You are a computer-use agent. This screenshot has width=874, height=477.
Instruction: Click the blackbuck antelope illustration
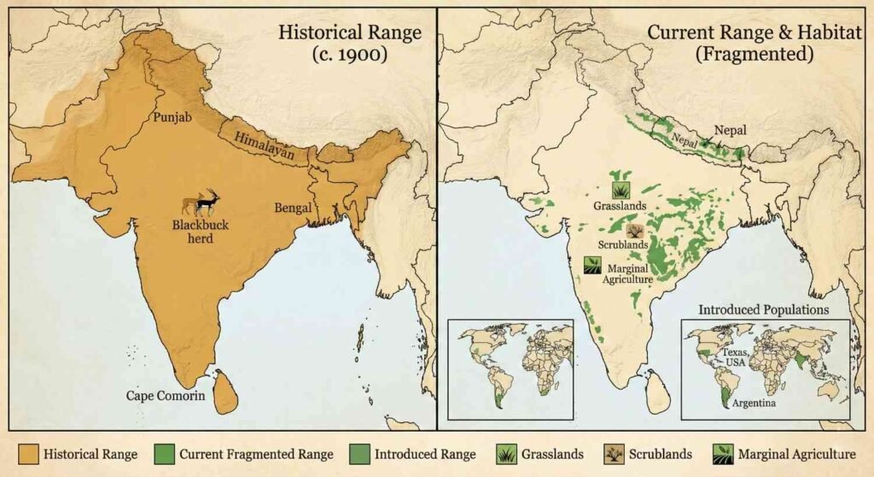[201, 202]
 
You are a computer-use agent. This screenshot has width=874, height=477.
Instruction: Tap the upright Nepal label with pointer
[731, 130]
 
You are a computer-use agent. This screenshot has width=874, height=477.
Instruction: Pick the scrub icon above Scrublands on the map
[634, 230]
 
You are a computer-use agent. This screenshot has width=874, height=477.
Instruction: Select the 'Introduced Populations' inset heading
[763, 309]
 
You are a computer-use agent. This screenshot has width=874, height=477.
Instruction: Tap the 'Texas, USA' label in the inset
[736, 356]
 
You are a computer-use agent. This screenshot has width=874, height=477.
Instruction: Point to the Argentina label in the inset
[749, 402]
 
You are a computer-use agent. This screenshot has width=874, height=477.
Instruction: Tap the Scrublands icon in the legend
[613, 454]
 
